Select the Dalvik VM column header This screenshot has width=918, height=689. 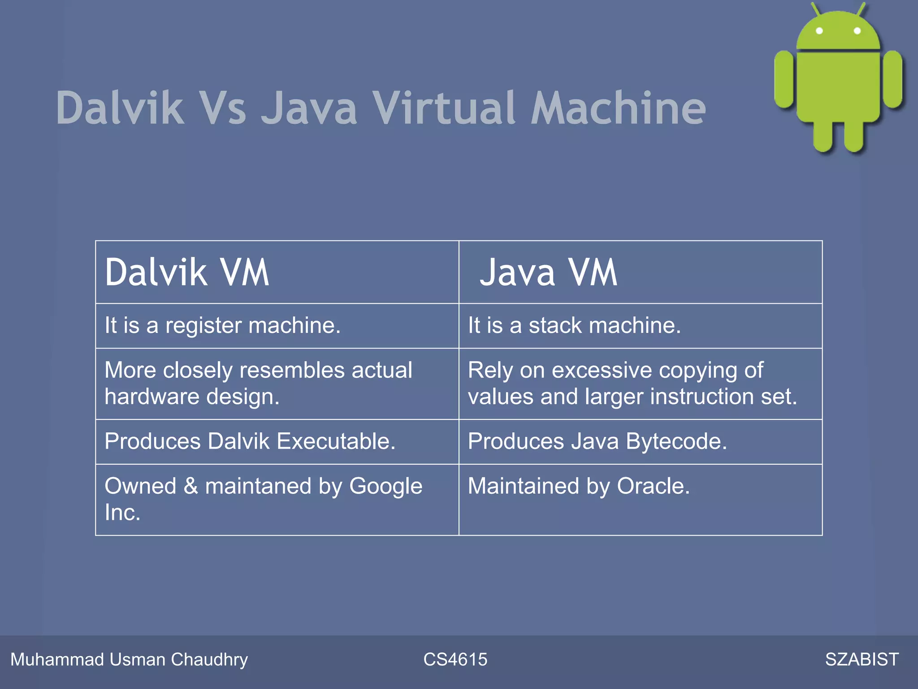tap(187, 272)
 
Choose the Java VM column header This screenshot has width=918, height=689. tap(548, 272)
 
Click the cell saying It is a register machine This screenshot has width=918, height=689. tap(222, 325)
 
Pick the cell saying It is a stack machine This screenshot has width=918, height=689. tap(574, 325)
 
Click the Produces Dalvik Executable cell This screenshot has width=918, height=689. tap(250, 441)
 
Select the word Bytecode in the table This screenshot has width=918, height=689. tap(676, 441)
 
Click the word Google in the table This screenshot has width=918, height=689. tap(385, 486)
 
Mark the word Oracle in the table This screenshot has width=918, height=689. tap(653, 486)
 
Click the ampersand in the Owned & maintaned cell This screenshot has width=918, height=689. tap(191, 486)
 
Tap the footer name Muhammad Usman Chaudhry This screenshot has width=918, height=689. tap(129, 659)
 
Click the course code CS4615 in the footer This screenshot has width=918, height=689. tap(455, 659)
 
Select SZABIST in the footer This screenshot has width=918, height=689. tap(862, 659)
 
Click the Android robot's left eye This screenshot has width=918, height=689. tap(819, 31)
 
